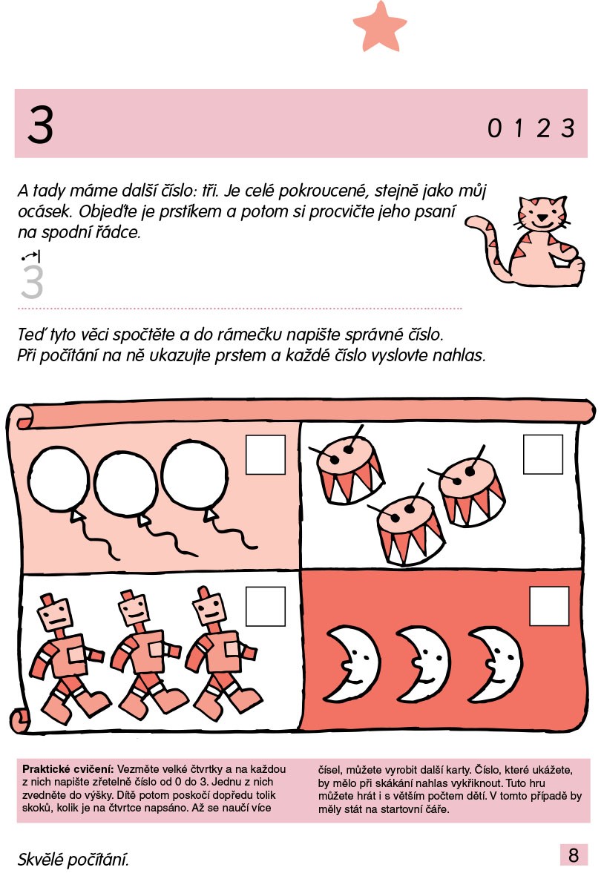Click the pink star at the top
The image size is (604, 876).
click(x=380, y=26)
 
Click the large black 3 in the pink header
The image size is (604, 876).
click(x=41, y=124)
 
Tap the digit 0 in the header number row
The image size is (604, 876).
click(x=494, y=128)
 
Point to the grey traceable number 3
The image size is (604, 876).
click(x=32, y=282)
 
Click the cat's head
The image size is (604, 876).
click(x=540, y=214)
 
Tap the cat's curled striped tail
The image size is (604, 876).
click(x=490, y=246)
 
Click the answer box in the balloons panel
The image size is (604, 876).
click(x=266, y=455)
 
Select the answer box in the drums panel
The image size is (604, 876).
click(x=543, y=455)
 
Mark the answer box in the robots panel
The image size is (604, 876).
click(x=266, y=606)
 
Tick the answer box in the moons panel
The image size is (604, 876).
click(x=549, y=606)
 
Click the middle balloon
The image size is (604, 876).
click(x=125, y=484)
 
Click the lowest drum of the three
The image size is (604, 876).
click(x=410, y=529)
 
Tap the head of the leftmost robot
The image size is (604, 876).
click(x=56, y=611)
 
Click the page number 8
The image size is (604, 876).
click(x=574, y=854)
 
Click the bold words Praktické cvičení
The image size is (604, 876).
click(x=68, y=769)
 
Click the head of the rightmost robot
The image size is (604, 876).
click(x=209, y=606)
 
